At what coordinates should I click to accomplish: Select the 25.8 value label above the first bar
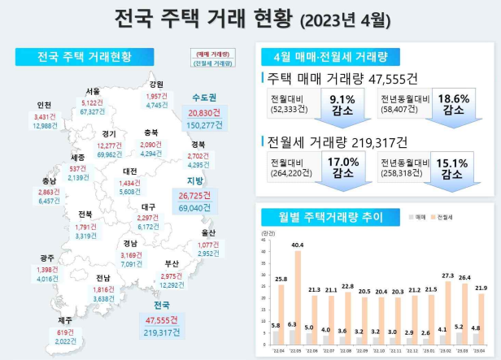point(280,279)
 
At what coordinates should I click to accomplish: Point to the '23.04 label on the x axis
point(480,350)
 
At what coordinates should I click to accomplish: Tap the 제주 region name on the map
point(63,319)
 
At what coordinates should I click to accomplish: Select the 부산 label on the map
point(171,264)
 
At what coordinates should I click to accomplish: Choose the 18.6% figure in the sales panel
point(453,99)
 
